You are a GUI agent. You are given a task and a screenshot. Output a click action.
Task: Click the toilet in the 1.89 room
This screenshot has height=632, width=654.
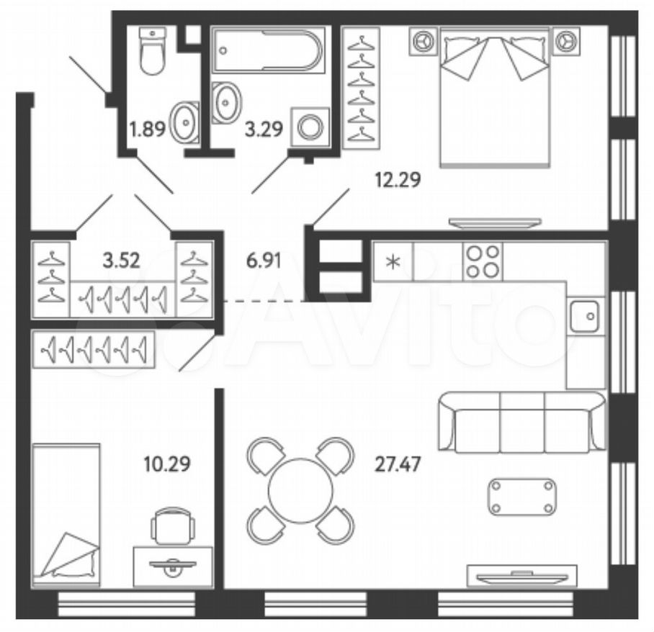(x=152, y=51)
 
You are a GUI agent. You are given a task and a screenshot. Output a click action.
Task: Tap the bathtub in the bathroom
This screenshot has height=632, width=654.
(x=268, y=50)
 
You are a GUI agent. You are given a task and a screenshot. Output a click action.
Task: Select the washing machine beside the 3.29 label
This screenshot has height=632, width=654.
(x=310, y=127)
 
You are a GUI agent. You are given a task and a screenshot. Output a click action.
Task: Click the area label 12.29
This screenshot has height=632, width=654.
(x=398, y=180)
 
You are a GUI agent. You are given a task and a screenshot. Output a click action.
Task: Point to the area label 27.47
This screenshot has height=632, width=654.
(x=398, y=464)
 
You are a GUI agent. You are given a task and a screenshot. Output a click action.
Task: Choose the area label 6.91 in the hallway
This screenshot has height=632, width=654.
(x=264, y=261)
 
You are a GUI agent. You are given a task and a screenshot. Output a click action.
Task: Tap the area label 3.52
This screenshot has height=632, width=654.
(x=122, y=261)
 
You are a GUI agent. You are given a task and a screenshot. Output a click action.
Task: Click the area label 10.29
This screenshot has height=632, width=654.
(x=167, y=464)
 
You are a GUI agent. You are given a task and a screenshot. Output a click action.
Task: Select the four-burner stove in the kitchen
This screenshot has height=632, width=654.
(x=483, y=261)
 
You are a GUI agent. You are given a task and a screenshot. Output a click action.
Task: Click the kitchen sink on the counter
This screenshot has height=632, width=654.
(x=585, y=315)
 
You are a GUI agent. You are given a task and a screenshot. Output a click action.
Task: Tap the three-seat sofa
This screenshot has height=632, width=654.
(x=521, y=422)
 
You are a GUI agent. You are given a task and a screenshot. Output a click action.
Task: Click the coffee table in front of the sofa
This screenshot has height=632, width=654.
(x=521, y=497)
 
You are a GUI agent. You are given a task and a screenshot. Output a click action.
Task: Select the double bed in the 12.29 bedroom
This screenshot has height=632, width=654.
(x=495, y=98)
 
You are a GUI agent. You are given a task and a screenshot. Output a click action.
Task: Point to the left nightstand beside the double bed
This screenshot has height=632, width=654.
(x=424, y=41)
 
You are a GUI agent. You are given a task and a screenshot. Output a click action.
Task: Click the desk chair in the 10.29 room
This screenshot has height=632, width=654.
(x=173, y=525)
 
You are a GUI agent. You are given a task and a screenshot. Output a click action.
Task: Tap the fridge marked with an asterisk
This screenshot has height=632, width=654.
(x=393, y=261)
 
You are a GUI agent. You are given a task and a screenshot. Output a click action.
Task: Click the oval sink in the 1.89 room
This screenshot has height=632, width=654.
(x=185, y=122)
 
